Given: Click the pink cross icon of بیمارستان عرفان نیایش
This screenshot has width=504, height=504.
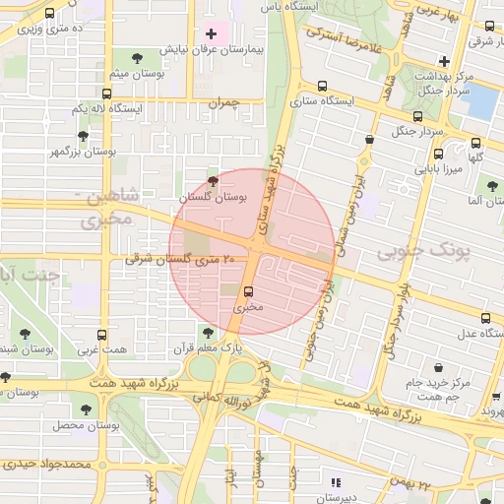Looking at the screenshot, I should (x=211, y=33).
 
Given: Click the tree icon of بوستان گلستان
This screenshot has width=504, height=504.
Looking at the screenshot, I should (x=214, y=181).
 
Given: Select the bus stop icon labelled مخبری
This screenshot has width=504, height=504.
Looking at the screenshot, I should (x=247, y=290).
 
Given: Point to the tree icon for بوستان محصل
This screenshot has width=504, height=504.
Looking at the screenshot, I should (x=86, y=408).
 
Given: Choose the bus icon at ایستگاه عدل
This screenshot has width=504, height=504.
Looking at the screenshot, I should (x=485, y=317).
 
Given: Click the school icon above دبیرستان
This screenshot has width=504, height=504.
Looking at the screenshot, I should (x=337, y=482).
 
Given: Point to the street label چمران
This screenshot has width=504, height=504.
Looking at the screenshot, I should (x=224, y=101).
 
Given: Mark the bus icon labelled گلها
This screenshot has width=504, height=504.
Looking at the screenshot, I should (x=475, y=142).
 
